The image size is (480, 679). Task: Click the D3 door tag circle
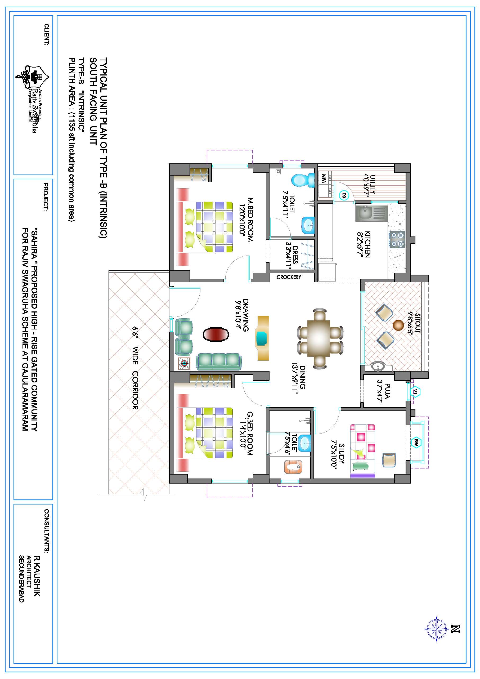point(344,195)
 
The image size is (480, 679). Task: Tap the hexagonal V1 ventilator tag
point(415,392)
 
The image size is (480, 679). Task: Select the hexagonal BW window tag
point(416,443)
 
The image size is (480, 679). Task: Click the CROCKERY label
point(289,277)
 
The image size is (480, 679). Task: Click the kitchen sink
point(371,213)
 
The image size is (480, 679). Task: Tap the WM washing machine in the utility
point(324,184)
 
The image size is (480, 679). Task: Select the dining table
point(321,339)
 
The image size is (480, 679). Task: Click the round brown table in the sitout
point(398,325)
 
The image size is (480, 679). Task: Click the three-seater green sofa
point(219,361)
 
